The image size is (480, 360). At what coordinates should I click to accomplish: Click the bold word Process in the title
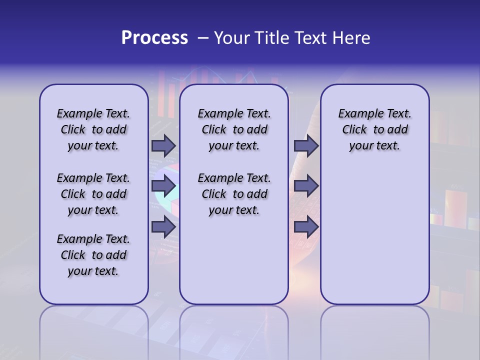[x=154, y=38]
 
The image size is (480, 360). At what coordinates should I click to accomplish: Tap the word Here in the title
[x=352, y=38]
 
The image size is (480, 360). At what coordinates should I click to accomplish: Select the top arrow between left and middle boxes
[x=163, y=146]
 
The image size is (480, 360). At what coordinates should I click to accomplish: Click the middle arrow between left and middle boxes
[x=163, y=186]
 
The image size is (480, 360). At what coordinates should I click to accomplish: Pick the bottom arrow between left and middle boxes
[x=163, y=227]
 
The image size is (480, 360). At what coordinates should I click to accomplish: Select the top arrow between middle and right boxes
[x=306, y=146]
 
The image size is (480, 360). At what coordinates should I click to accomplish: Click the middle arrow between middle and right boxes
[x=306, y=186]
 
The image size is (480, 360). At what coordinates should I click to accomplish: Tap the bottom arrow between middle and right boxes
[x=306, y=227]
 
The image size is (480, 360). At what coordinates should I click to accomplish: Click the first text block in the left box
[x=93, y=129]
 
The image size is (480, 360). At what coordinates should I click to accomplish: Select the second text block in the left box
[x=93, y=194]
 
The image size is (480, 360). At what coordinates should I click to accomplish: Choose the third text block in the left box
[x=93, y=255]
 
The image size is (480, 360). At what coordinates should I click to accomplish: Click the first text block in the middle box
[x=234, y=129]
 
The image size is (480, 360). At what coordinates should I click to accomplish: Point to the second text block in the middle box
[x=234, y=194]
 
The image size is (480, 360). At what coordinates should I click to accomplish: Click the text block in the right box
[x=375, y=129]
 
